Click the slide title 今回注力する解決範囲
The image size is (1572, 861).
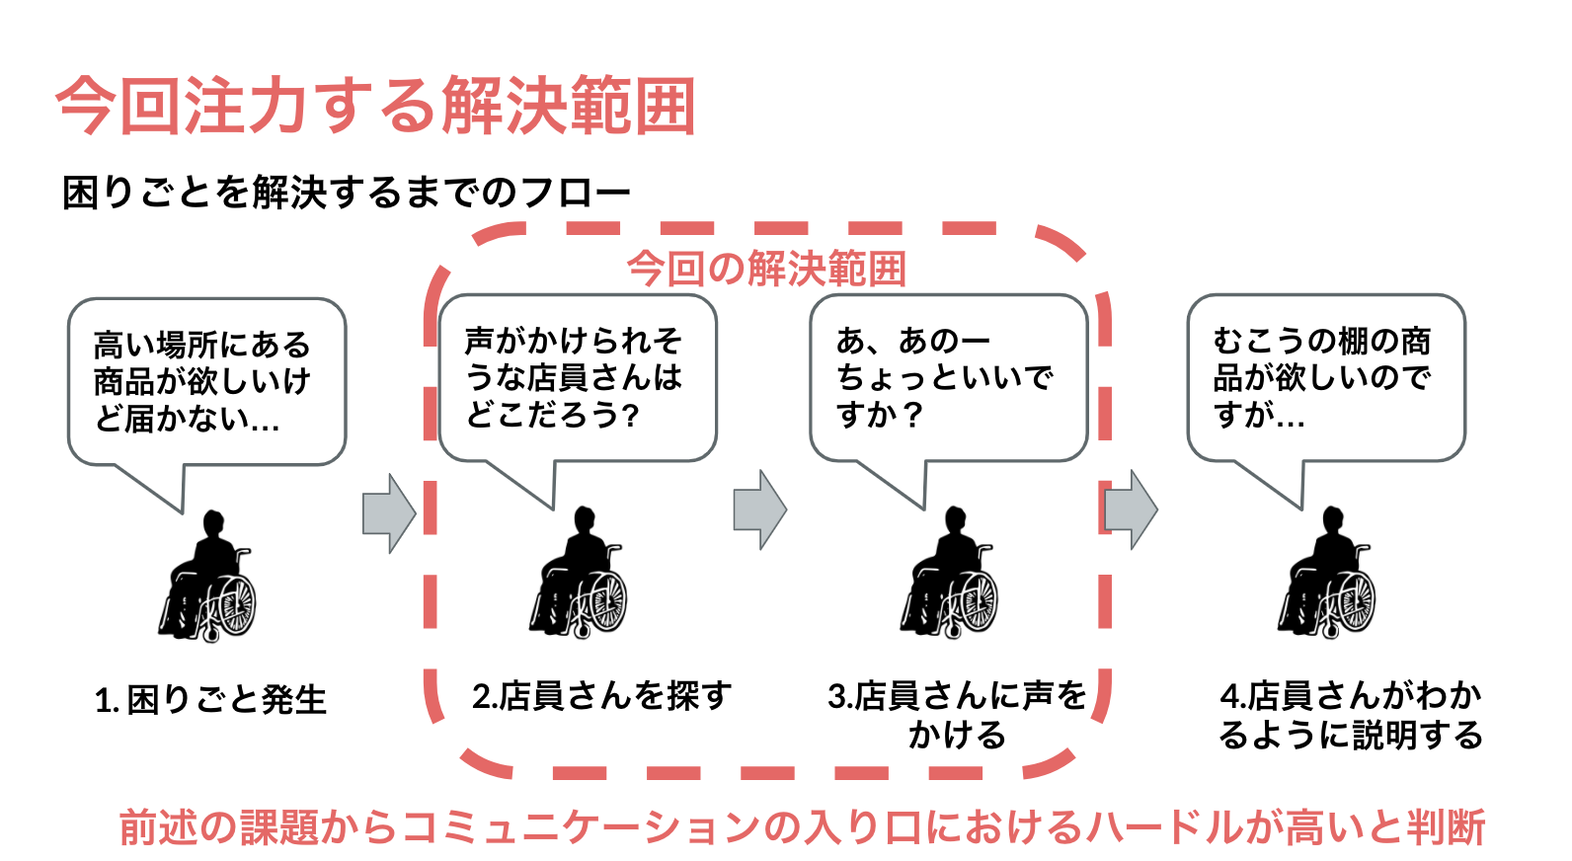375,105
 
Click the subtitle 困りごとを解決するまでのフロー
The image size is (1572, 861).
346,193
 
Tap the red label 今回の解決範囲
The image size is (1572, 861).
766,269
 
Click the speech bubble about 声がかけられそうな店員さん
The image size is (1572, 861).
578,378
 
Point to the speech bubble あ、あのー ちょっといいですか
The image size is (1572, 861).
948,378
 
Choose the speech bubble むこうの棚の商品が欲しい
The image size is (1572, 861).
1325,378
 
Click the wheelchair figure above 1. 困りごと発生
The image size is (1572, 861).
207,577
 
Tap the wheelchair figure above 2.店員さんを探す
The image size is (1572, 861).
579,574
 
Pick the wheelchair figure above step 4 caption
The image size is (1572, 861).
1327,574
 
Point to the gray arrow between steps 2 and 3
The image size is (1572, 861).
759,509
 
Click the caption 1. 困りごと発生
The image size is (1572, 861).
210,700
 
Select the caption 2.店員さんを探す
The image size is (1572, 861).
601,696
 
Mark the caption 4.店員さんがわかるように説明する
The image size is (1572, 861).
1350,715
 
